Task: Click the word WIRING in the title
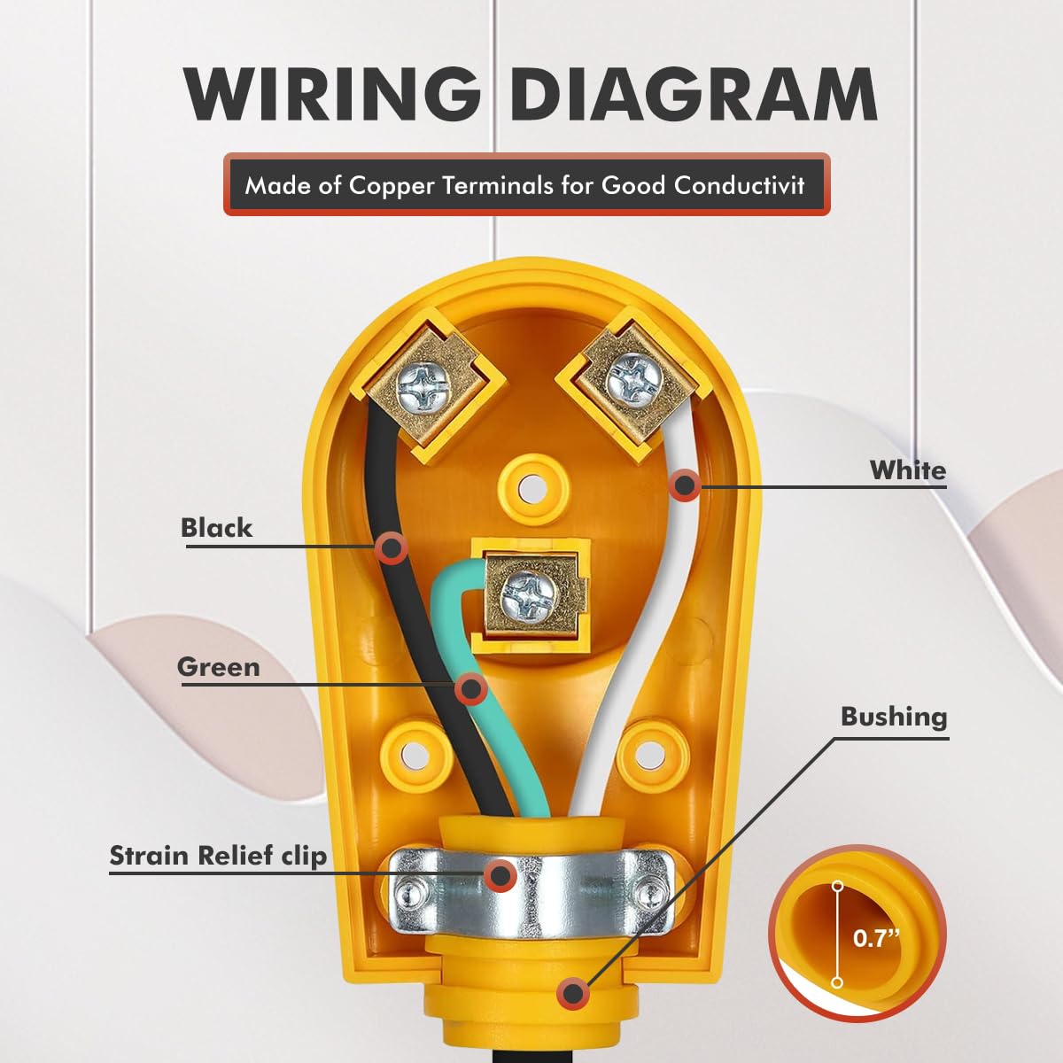pos(333,94)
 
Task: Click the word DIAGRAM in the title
pos(693,94)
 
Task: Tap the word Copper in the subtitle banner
pos(392,186)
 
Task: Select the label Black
pos(216,528)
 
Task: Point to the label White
pos(908,470)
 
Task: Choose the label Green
pos(219,667)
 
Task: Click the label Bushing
pos(894,718)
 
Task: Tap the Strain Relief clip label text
pos(218,856)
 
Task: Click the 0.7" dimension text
pos(876,938)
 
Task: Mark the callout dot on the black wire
pos(392,547)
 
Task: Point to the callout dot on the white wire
pos(685,485)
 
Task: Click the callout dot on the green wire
pos(470,688)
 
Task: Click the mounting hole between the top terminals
pos(530,487)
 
